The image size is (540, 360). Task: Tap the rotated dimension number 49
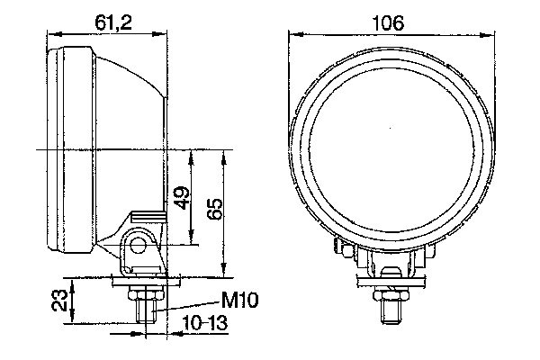[x=181, y=198]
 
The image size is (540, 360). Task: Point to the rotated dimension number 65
[x=214, y=209]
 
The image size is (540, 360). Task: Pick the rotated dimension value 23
[x=58, y=300]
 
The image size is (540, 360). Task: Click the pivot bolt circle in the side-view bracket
[x=139, y=244]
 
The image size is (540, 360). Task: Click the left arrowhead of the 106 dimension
[x=292, y=35]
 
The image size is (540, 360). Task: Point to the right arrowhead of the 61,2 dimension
[x=165, y=35]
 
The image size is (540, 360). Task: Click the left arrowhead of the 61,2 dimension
[x=50, y=35]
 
